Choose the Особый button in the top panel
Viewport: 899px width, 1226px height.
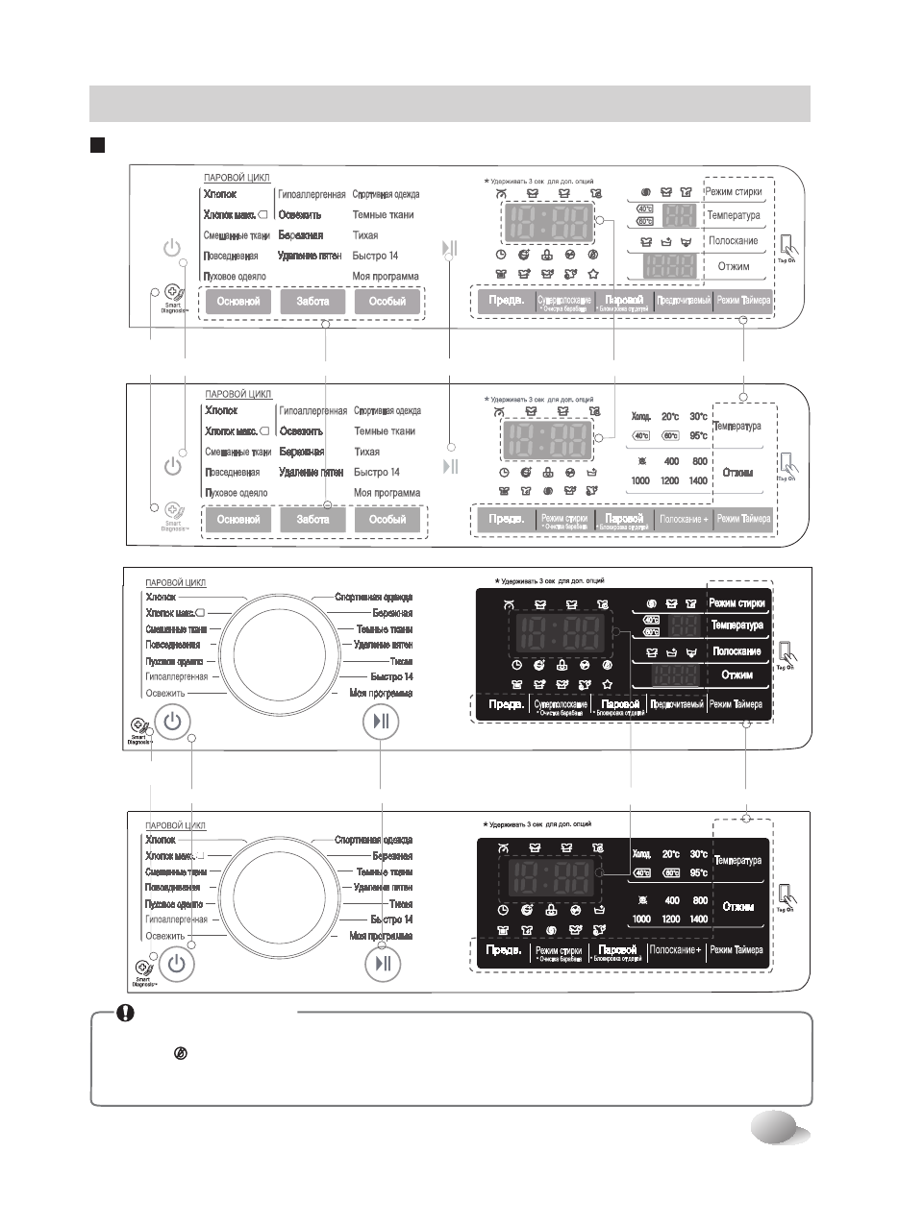pyautogui.click(x=387, y=302)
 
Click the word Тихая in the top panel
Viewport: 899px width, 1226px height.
pyautogui.click(x=365, y=235)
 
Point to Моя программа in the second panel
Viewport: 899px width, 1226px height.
pyautogui.click(x=387, y=493)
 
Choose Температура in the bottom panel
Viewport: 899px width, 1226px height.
pyautogui.click(x=737, y=861)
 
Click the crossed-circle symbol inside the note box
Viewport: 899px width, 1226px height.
pyautogui.click(x=179, y=1054)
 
